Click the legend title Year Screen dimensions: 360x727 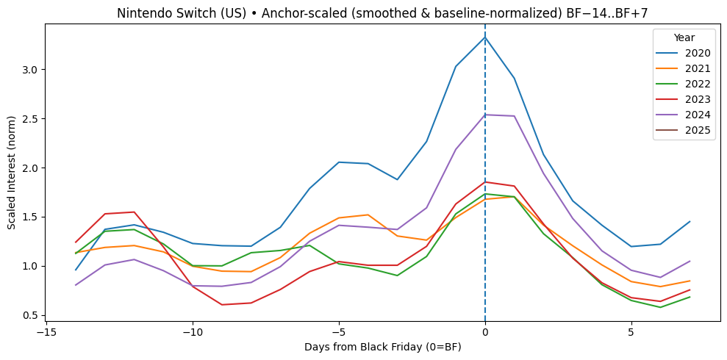[x=684, y=37]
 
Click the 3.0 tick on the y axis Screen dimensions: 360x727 [x=29, y=70]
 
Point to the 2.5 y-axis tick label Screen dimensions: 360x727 [x=29, y=119]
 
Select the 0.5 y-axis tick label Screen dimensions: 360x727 [x=29, y=315]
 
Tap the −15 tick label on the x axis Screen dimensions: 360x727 [x=46, y=331]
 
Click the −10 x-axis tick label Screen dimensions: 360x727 [x=193, y=331]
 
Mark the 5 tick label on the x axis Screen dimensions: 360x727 [x=631, y=331]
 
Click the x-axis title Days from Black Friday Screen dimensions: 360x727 [x=382, y=347]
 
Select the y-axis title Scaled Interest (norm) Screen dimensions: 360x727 [x=12, y=173]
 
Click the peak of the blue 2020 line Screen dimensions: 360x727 [x=485, y=37]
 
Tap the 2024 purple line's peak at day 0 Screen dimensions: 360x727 [x=485, y=114]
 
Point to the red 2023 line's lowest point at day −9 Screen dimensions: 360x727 [x=222, y=304]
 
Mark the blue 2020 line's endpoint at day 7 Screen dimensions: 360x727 [x=690, y=221]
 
